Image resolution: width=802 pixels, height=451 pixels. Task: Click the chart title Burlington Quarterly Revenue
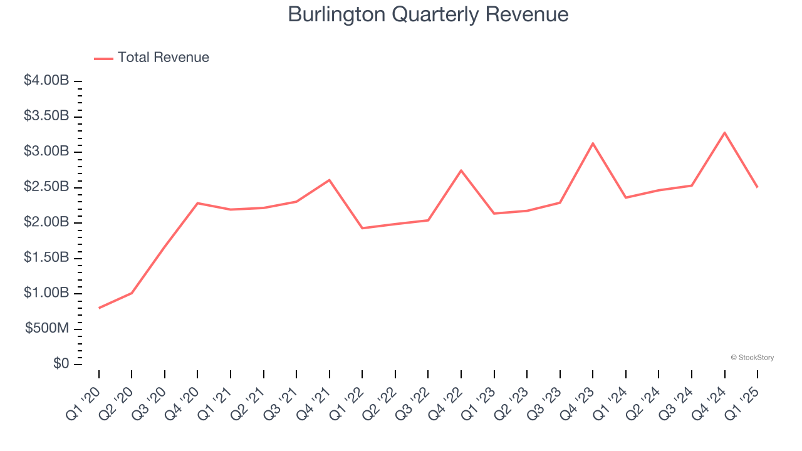428,14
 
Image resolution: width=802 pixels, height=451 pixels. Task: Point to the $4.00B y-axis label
46,81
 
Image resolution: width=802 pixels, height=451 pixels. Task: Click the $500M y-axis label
47,329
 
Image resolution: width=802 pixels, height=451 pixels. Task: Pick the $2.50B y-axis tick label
46,187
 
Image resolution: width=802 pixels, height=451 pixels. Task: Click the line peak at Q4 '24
725,133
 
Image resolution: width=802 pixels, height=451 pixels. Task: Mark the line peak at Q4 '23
593,143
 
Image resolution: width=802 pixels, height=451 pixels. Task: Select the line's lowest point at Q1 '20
99,308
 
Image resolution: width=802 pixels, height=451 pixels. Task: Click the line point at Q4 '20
198,203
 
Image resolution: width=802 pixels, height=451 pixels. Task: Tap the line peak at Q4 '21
330,180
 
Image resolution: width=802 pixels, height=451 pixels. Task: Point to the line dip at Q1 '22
362,228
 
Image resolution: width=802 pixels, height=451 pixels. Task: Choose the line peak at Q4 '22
461,170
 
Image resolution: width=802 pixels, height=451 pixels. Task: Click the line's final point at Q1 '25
758,187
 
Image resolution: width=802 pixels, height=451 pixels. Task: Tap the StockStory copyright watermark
752,358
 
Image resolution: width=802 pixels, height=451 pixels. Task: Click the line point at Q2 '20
132,293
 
